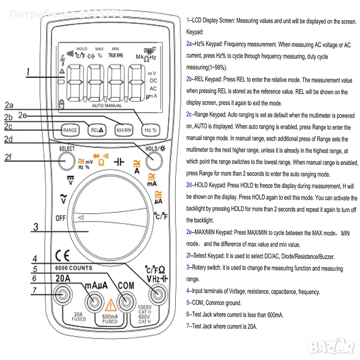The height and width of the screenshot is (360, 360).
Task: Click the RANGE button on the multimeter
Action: pyautogui.click(x=70, y=130)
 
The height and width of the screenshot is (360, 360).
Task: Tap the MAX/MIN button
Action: pyautogui.click(x=124, y=130)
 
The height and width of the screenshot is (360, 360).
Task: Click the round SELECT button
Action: pyautogui.click(x=67, y=162)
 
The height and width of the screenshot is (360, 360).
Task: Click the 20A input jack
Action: pyautogui.click(x=63, y=296)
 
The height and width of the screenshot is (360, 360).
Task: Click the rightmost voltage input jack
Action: pyautogui.click(x=156, y=296)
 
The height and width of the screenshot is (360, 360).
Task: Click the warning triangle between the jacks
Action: pyautogui.click(x=111, y=307)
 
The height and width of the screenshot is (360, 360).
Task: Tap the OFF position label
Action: pyautogui.click(x=61, y=218)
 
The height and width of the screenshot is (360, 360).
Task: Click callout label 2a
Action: pyautogui.click(x=9, y=105)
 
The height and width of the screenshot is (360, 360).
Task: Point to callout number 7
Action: pyautogui.click(x=34, y=290)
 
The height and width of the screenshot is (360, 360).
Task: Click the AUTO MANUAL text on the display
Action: pyautogui.click(x=107, y=106)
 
